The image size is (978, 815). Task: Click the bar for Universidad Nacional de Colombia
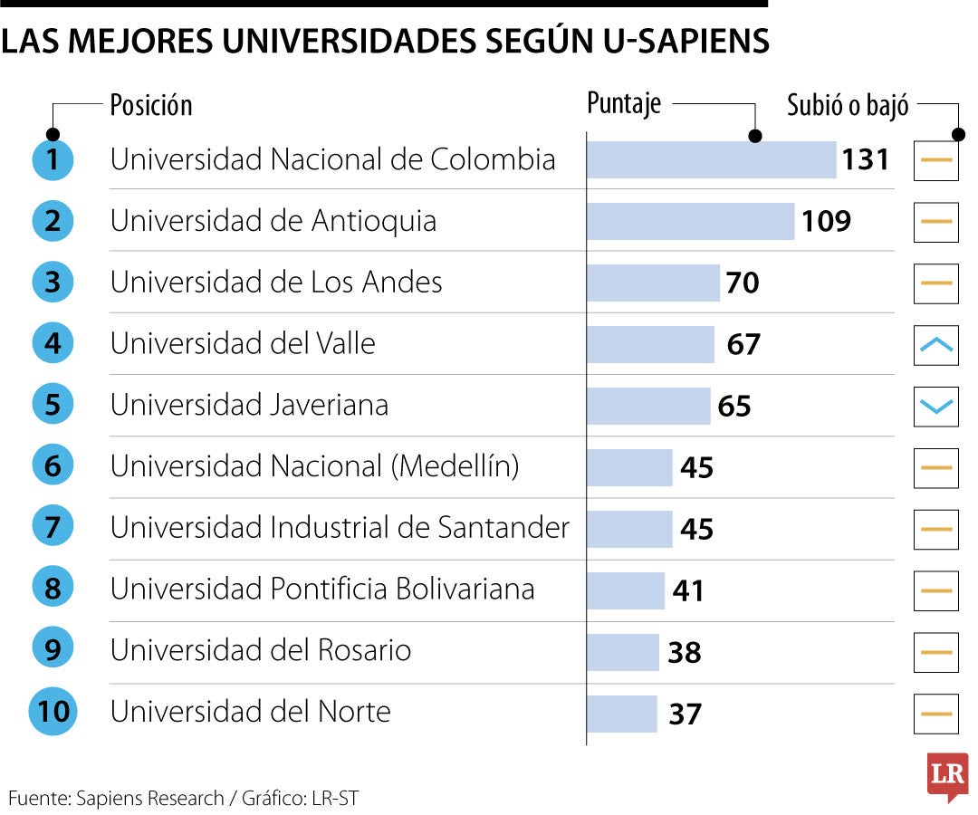point(711,159)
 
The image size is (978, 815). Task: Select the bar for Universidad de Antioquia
point(690,221)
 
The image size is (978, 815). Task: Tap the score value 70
point(742,283)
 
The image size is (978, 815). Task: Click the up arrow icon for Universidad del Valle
point(935,345)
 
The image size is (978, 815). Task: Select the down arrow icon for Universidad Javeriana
point(935,407)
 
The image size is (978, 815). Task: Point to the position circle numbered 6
point(53,466)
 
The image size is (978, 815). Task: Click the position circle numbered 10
point(53,712)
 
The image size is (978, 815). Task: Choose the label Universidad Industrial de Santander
point(340,527)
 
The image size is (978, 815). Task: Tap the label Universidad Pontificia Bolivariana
point(322,589)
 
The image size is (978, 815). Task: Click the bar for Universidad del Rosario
point(623,652)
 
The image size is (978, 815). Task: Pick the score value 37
point(685,714)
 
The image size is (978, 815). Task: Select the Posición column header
point(151,105)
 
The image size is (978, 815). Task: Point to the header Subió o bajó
point(848,105)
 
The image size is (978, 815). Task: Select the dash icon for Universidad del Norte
point(935,714)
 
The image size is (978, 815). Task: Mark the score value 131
point(866,160)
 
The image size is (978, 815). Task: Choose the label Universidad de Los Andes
point(276,283)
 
